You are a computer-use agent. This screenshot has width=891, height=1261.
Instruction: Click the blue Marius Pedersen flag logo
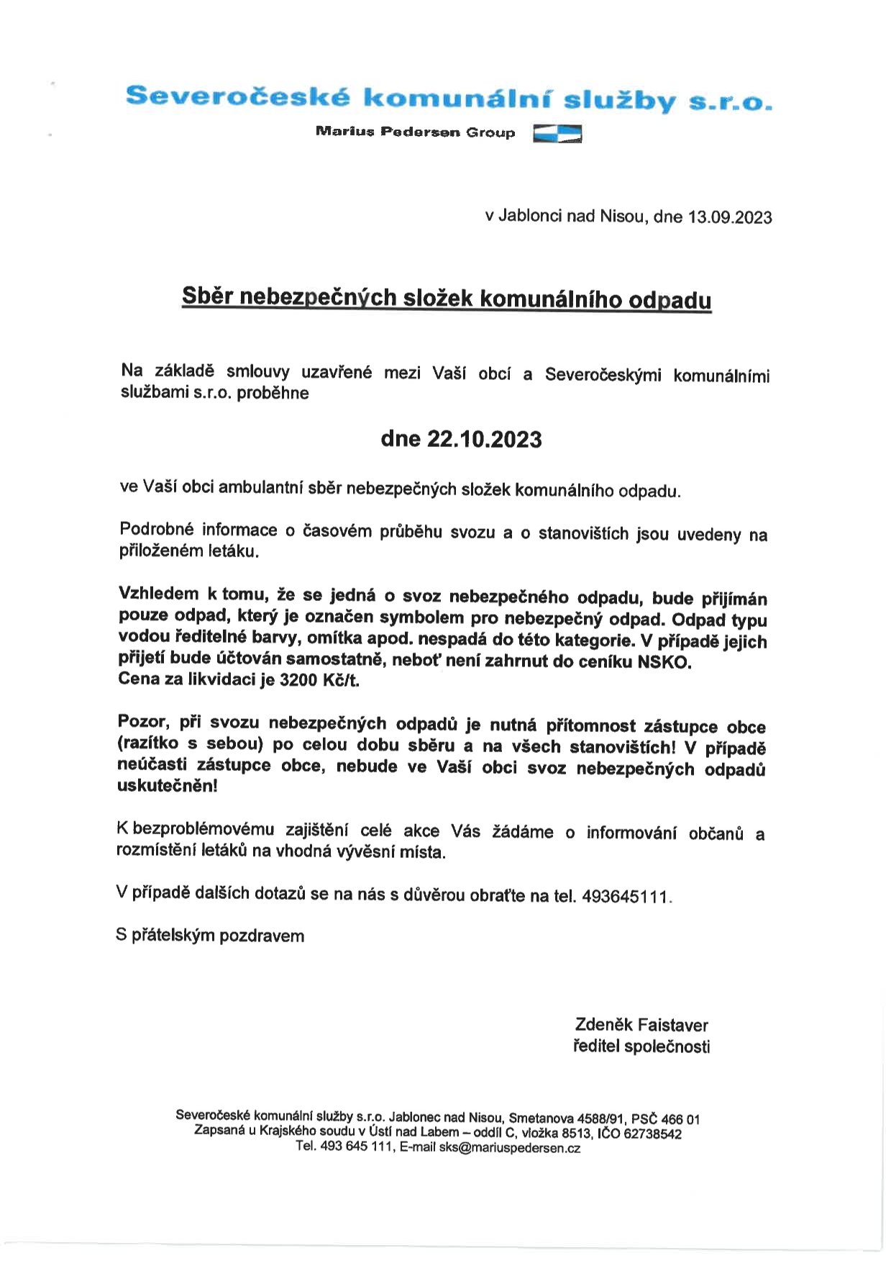point(557,134)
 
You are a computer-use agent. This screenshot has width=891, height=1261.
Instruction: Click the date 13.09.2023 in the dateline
point(730,217)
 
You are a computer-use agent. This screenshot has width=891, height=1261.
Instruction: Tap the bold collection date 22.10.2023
point(485,439)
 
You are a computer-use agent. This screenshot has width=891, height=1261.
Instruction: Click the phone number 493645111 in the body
point(626,897)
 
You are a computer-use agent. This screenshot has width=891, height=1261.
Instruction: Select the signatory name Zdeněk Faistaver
point(641,1025)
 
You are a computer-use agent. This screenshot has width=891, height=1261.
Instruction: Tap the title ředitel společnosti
point(641,1047)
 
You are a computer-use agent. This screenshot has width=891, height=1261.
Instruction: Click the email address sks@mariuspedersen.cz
point(509,1149)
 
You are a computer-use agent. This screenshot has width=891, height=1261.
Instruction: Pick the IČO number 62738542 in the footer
point(653,1134)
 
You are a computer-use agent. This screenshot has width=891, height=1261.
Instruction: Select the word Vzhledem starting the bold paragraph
point(158,595)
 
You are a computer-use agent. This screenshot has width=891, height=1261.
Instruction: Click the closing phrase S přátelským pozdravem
point(210,936)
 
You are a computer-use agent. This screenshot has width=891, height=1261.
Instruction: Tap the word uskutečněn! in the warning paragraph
point(166,785)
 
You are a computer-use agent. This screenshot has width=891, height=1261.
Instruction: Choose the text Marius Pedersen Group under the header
point(415,132)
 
